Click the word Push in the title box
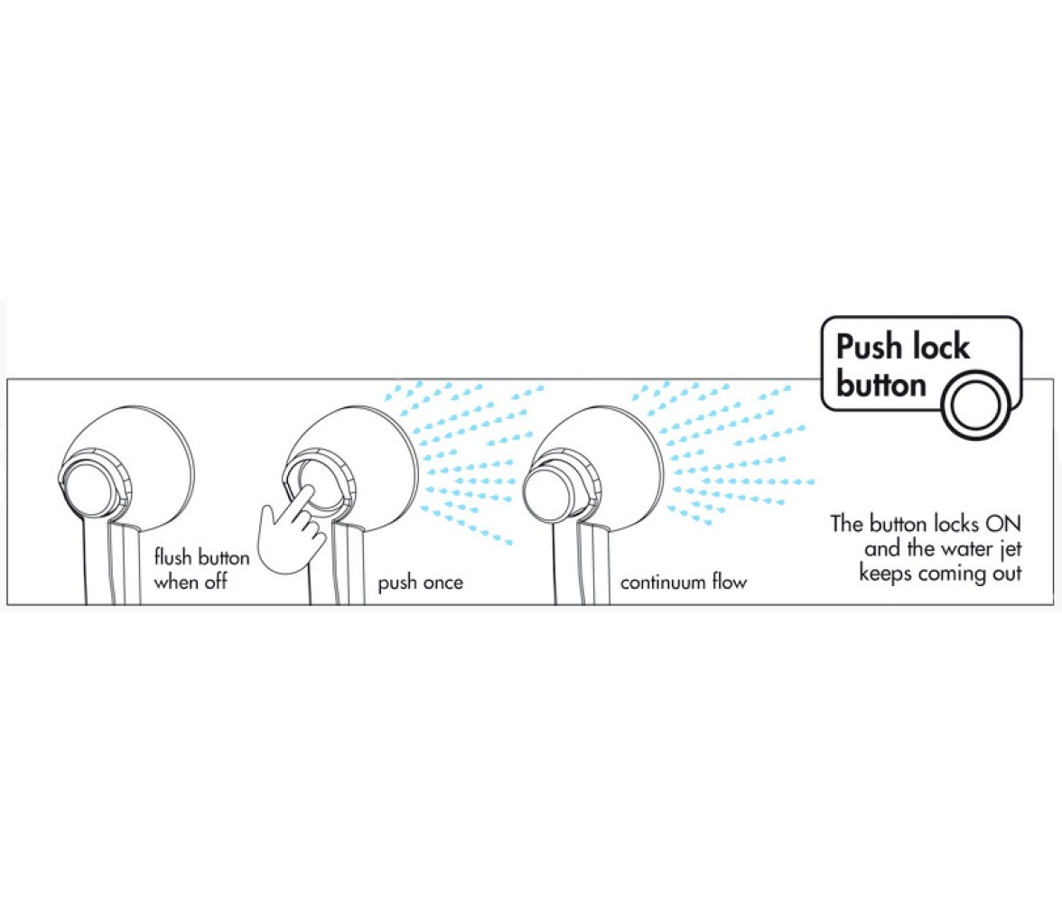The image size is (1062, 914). click(x=870, y=347)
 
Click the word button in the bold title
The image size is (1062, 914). click(x=881, y=384)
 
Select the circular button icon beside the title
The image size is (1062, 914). click(x=976, y=406)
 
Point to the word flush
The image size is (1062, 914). click(x=172, y=557)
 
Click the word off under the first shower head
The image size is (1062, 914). click(x=215, y=582)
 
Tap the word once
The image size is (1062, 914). click(x=442, y=583)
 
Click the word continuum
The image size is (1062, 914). click(x=663, y=583)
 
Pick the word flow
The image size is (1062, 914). click(x=730, y=582)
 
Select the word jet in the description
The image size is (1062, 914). click(x=1010, y=549)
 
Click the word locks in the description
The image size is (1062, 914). click(x=955, y=524)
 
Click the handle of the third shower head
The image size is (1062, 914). click(x=580, y=564)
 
